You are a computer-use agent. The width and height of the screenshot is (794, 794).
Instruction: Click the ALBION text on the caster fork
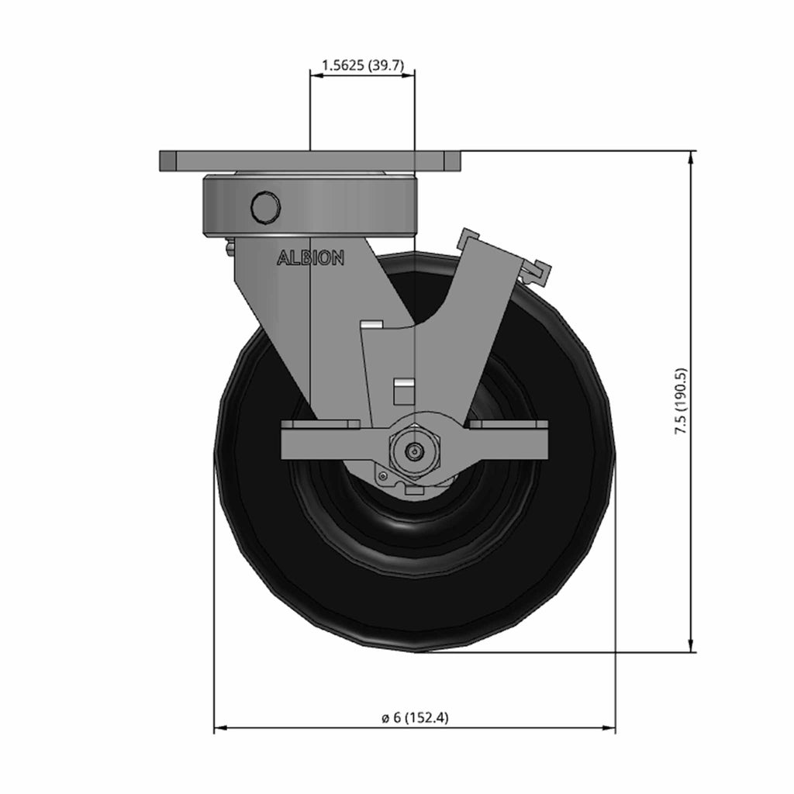pyautogui.click(x=310, y=257)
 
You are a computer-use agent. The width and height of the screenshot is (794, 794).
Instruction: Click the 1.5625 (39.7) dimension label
pyautogui.click(x=363, y=65)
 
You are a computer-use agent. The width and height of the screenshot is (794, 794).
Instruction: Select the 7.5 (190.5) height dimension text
pyautogui.click(x=681, y=402)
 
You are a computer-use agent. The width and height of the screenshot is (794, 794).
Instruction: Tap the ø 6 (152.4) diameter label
pyautogui.click(x=416, y=717)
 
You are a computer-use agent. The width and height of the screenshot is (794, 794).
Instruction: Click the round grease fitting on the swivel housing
pyautogui.click(x=266, y=206)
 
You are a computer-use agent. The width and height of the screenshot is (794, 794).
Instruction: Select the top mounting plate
pyautogui.click(x=310, y=161)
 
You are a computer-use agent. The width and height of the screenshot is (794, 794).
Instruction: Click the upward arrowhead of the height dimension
pyautogui.click(x=690, y=158)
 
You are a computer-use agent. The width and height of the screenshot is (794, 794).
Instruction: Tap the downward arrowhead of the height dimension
pyautogui.click(x=690, y=645)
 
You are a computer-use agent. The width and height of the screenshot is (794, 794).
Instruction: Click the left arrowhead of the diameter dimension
pyautogui.click(x=221, y=728)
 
